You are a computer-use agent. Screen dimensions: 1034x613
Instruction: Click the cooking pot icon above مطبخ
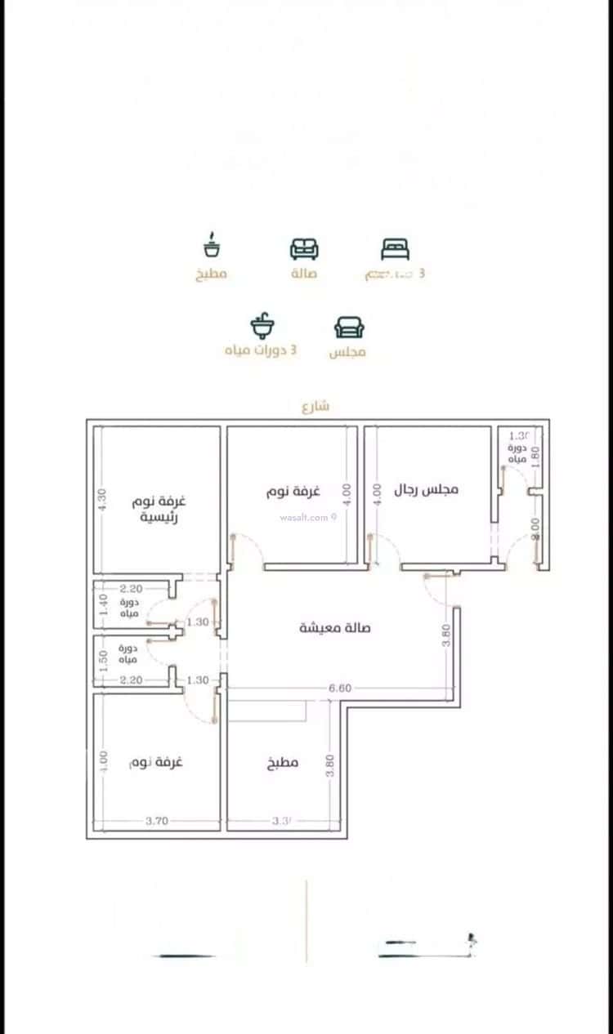pos(212,247)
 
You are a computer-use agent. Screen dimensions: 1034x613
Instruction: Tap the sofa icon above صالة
pos(304,248)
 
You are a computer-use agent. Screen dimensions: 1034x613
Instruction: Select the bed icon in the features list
pos(395,248)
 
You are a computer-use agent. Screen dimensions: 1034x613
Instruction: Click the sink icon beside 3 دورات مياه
pos(262,327)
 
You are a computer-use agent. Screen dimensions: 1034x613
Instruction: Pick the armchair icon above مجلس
pos(349,327)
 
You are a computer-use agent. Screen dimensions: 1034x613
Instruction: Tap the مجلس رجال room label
pos(427,489)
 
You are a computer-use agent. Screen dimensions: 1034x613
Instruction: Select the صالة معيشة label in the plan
pos(335,627)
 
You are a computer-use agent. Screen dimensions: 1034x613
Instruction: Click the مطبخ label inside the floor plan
pos(283,763)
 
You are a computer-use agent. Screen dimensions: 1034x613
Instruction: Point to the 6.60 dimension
pos(339,689)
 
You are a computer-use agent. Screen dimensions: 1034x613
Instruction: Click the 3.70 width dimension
pos(157,822)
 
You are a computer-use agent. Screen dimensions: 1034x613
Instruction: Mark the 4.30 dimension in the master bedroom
pos(102,500)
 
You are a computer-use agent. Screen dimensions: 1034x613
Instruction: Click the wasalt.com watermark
pos(307,517)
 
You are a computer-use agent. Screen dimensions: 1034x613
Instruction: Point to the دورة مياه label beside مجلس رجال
pos(519,454)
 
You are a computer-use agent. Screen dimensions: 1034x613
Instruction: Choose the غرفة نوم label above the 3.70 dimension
pos(156,762)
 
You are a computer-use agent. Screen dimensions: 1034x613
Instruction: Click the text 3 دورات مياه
pos(261,350)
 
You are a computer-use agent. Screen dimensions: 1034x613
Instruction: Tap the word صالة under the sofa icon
pos(303,274)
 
